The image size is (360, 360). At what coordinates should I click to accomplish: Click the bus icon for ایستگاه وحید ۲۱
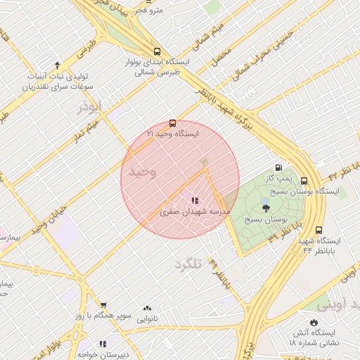tap(173, 123)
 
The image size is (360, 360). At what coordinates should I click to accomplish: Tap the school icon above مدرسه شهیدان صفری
tap(195, 201)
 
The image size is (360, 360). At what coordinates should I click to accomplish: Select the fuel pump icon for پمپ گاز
tap(279, 168)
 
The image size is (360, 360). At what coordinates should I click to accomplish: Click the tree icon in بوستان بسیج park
tap(265, 208)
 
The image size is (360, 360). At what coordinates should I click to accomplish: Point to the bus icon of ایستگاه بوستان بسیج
tap(304, 181)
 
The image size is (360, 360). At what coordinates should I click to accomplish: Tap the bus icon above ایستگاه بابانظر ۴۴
tap(319, 230)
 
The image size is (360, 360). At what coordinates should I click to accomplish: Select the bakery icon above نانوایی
tap(147, 308)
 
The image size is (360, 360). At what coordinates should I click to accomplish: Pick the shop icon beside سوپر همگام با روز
tap(103, 305)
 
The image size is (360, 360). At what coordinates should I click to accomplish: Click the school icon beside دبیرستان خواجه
tap(103, 344)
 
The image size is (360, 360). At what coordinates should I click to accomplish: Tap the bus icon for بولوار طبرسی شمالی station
tap(156, 51)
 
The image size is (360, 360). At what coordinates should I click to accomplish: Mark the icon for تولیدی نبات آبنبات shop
tap(57, 65)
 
